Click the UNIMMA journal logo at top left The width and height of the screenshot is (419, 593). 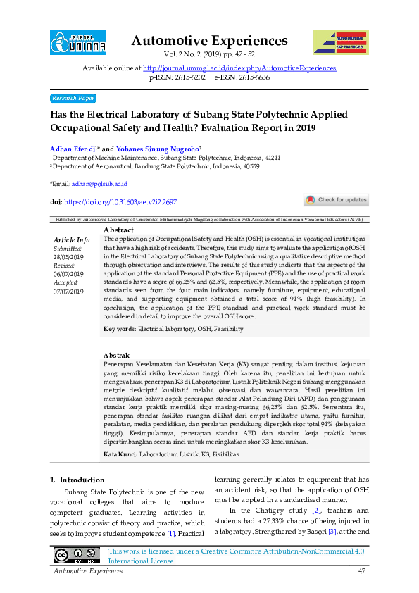pyautogui.click(x=77, y=43)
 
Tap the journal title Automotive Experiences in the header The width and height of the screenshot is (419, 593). pyautogui.click(x=209, y=41)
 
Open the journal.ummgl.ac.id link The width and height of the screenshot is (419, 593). pyautogui.click(x=239, y=68)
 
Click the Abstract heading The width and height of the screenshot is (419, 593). pyautogui.click(x=118, y=230)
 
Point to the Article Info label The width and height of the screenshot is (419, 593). pyautogui.click(x=72, y=240)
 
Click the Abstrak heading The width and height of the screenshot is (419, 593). pyautogui.click(x=116, y=354)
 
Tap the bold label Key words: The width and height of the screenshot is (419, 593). pyautogui.click(x=120, y=329)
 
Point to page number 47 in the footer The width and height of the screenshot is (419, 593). pyautogui.click(x=361, y=571)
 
